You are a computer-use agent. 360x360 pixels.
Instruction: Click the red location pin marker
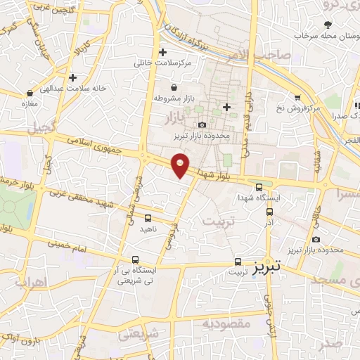click(181, 164)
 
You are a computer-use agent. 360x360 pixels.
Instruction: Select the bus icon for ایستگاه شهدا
click(259, 187)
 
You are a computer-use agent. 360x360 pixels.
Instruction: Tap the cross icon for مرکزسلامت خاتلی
click(162, 52)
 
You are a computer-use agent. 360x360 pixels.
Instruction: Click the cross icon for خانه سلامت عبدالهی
click(72, 76)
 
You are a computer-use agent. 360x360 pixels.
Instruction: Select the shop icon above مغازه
click(30, 92)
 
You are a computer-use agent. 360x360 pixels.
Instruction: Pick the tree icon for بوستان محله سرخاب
click(328, 25)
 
